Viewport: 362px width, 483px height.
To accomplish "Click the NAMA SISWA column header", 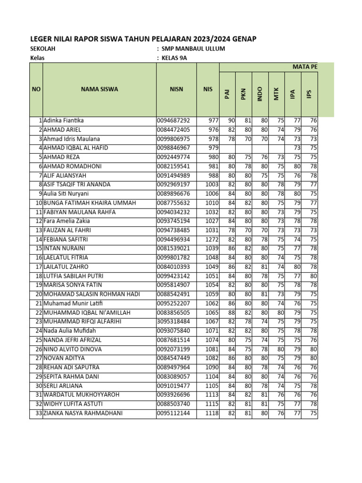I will (99, 89).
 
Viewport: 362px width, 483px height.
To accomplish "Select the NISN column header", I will (177, 89).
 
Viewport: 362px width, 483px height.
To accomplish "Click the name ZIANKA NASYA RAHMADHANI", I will (83, 414).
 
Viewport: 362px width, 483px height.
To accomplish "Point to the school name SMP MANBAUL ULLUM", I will (193, 49).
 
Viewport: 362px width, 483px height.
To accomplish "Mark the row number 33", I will (38, 414).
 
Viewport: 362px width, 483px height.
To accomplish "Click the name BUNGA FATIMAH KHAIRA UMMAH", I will (90, 203).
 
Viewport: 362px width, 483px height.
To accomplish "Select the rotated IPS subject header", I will (309, 95).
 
